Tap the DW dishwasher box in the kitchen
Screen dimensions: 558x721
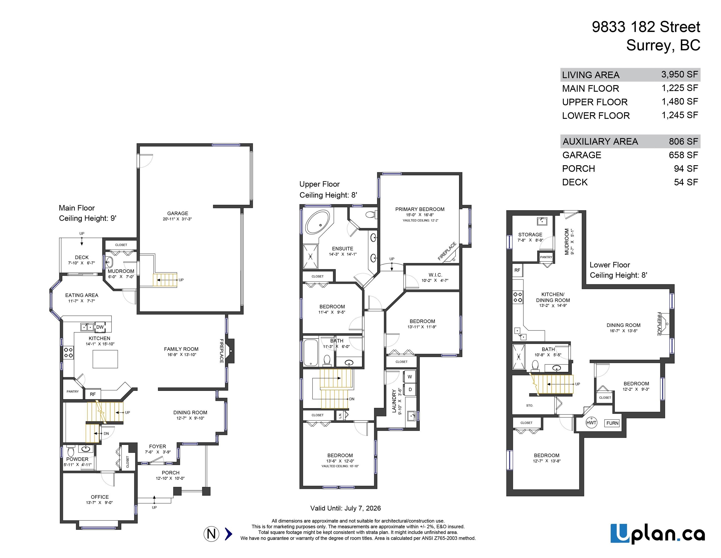pos(100,327)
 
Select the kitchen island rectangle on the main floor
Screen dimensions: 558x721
pos(105,359)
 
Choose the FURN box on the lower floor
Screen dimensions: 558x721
pos(612,423)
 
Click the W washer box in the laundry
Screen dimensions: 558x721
pos(410,377)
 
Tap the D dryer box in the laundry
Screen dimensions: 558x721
pos(410,389)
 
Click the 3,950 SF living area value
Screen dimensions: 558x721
pos(679,74)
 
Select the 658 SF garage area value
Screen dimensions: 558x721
pos(683,155)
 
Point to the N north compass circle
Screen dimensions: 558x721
pos(211,534)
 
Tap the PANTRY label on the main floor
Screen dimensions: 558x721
pos(73,391)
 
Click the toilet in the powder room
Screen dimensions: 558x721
pos(71,451)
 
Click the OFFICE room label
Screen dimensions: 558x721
pos(100,497)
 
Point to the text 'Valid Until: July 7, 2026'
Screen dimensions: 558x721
pos(345,508)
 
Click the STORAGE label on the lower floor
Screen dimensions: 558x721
pos(530,234)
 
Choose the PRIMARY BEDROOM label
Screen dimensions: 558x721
pos(420,209)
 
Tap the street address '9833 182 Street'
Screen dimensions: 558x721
pos(646,27)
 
